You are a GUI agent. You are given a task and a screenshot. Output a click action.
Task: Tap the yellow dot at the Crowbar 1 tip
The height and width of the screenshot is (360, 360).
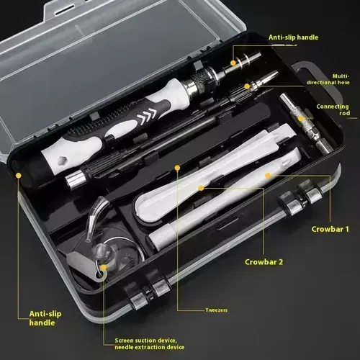coord(269,174)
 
